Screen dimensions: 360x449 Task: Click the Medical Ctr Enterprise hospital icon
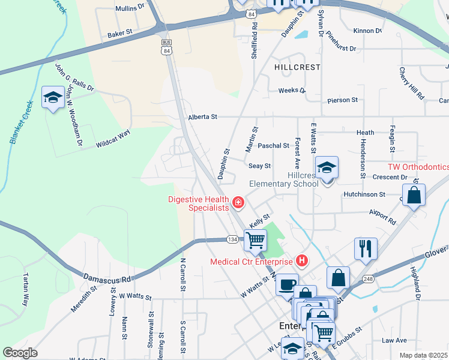302,261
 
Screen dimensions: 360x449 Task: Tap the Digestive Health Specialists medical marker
238,203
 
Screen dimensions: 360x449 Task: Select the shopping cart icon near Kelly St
256,240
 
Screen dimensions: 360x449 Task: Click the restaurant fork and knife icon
366,247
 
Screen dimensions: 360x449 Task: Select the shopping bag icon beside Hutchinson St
414,196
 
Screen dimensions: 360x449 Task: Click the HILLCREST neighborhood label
297,67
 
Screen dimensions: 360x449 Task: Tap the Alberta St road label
202,117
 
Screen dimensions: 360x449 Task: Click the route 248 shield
367,279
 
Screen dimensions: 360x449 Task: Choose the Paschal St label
273,146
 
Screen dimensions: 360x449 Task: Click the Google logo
20,352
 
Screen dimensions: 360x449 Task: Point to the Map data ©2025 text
423,355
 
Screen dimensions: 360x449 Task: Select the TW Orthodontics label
418,167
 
